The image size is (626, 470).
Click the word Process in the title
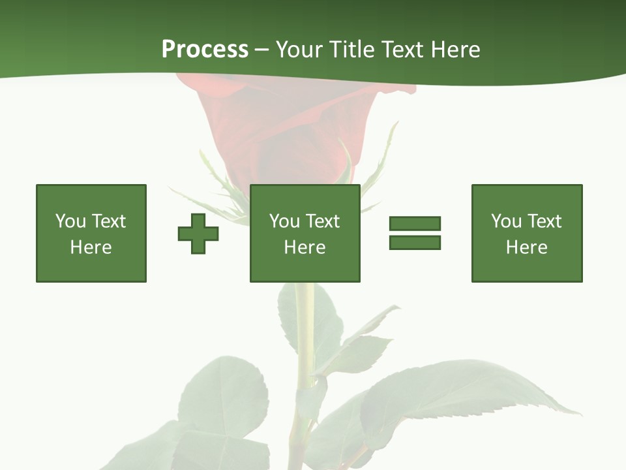pos(205,50)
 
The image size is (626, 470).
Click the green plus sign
pos(198,234)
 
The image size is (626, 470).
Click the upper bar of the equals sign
pos(415,223)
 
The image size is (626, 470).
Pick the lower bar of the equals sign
pos(415,242)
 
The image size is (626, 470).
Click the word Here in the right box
pos(527,247)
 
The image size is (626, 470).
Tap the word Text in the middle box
pos(322,221)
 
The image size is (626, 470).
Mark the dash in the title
pos(262,50)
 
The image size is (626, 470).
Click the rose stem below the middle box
pos(304,326)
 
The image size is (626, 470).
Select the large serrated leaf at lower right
pos(456,392)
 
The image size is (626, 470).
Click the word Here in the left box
pos(91,247)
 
